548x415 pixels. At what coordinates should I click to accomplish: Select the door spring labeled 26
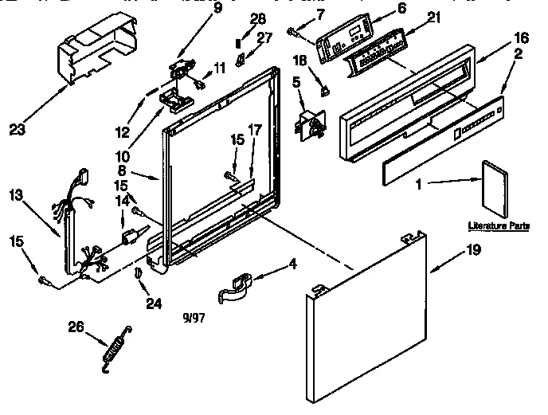pos(115,346)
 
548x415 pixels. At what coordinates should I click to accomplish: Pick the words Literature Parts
pos(499,227)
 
